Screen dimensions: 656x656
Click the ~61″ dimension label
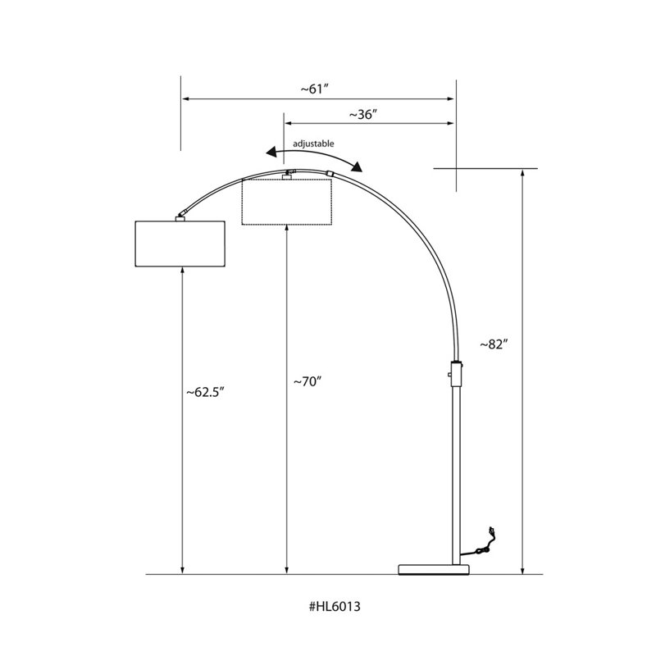315,89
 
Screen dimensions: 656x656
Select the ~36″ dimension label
363,114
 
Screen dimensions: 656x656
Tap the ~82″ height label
494,344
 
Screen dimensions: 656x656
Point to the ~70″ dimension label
307,381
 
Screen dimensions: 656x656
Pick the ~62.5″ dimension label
206,393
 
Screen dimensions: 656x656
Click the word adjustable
313,143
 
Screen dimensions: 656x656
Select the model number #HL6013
335,606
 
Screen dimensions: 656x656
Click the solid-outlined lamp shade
180,244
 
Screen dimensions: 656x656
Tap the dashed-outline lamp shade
287,202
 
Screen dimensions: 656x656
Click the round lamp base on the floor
434,569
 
